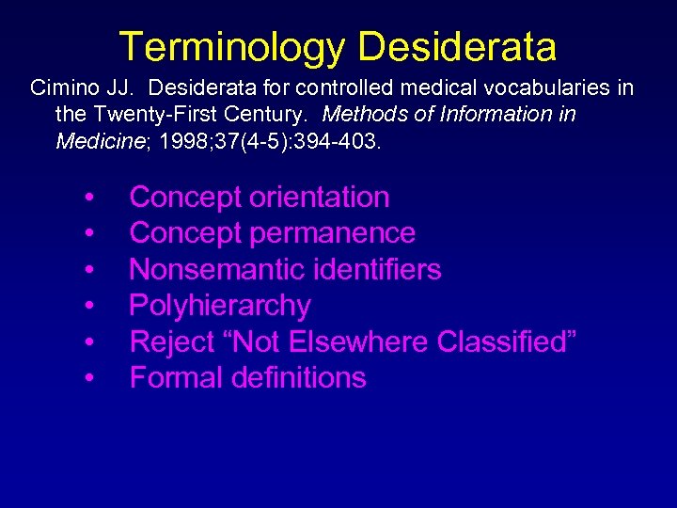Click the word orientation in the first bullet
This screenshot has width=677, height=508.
(x=315, y=198)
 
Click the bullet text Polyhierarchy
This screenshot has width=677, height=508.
(x=219, y=306)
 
